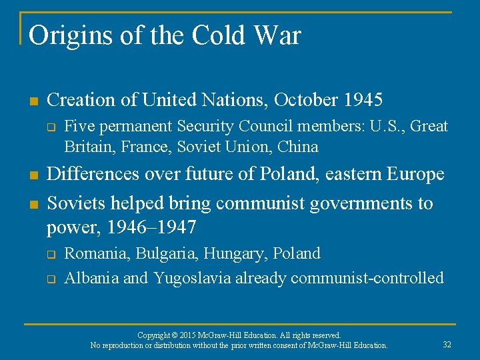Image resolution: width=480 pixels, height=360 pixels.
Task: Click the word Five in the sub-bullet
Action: [77, 126]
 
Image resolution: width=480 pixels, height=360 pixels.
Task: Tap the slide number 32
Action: [447, 345]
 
